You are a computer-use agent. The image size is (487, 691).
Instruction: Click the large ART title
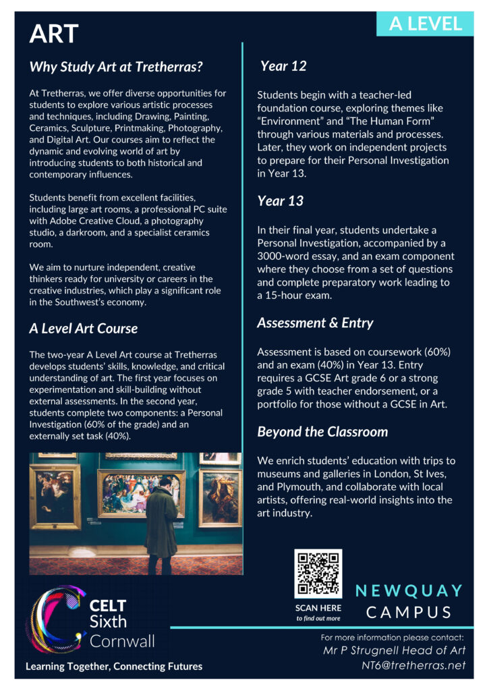pos(54,33)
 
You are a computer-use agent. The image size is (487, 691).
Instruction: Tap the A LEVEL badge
pos(426,24)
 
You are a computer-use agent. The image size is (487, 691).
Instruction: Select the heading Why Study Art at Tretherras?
pos(116,67)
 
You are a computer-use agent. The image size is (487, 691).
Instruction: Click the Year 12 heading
pos(283,66)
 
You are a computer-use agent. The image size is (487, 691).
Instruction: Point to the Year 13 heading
pos(281,201)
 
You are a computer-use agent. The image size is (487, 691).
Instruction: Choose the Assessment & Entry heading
pos(315,323)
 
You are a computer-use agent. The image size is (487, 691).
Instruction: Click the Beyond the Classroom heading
pos(322,432)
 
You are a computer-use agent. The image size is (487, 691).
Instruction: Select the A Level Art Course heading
pos(83,329)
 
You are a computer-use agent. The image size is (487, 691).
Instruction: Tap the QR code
pos(318,574)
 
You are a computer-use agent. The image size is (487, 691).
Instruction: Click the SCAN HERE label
pos(318,608)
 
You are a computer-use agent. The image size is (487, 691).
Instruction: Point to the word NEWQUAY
pos(409,591)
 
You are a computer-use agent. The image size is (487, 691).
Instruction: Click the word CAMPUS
pos(409,613)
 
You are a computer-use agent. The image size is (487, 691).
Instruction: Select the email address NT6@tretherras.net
pos(413,665)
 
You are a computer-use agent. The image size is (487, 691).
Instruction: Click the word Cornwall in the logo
pos(122,640)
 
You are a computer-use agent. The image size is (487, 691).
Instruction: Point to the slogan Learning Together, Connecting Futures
pos(114,667)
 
